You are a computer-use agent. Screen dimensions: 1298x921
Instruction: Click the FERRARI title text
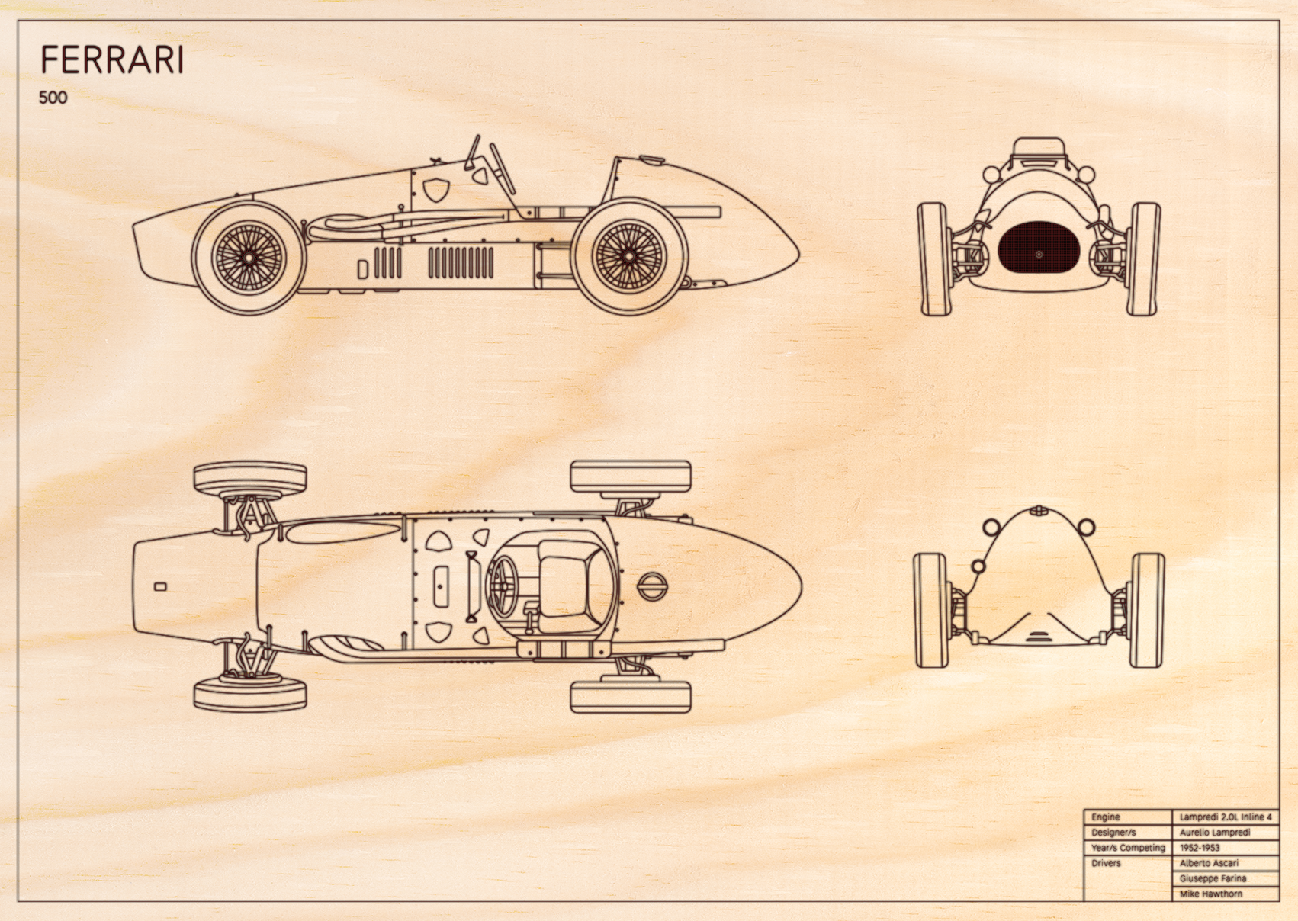point(112,60)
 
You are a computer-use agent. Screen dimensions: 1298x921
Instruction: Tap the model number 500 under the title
point(53,98)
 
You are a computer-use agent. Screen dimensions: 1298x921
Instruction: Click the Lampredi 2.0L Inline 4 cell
point(1226,817)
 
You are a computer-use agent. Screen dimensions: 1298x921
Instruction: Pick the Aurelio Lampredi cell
point(1226,833)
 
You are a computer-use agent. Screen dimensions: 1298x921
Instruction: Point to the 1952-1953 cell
point(1226,848)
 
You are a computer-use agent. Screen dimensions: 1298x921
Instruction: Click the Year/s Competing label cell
point(1128,848)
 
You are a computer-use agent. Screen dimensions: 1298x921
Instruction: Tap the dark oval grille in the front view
point(1039,255)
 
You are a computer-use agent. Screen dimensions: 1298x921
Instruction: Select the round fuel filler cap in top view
point(652,586)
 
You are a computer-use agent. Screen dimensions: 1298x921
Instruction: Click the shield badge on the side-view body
point(435,188)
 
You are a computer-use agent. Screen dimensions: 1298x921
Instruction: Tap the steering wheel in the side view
point(503,168)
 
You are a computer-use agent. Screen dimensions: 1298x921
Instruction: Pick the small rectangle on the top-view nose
point(160,587)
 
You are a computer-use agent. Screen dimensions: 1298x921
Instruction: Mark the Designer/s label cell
point(1128,833)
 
